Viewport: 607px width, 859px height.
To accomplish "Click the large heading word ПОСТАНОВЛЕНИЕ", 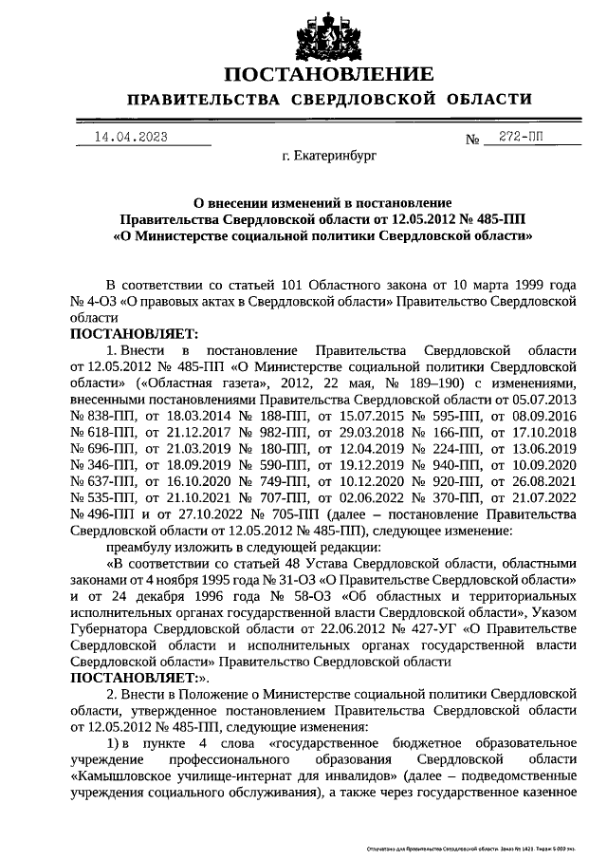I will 329,74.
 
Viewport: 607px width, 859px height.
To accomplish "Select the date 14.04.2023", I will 131,137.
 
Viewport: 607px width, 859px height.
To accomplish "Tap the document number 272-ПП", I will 522,137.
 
